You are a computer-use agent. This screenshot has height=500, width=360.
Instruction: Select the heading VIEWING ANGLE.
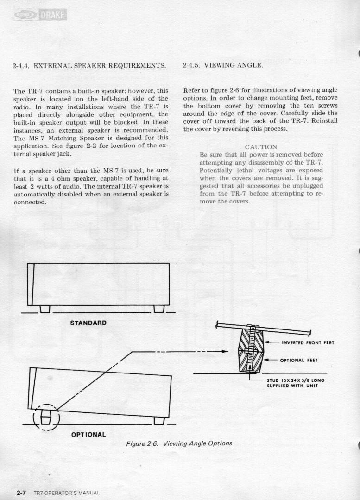tap(236, 65)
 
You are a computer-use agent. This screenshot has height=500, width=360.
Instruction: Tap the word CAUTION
tap(261, 147)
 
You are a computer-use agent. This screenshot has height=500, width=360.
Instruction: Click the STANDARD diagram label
tap(88, 323)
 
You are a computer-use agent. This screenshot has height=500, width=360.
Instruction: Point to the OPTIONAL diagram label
tap(88, 435)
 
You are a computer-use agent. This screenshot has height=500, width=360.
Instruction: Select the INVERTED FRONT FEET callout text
tap(308, 343)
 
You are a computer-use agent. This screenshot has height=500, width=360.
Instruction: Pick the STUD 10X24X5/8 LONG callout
tap(295, 380)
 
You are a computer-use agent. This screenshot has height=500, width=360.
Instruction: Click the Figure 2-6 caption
tap(179, 443)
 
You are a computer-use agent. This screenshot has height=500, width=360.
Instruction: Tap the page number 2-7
tap(21, 493)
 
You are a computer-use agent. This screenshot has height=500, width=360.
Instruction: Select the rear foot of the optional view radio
tap(159, 420)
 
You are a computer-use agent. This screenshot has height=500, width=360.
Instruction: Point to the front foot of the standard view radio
tap(45, 309)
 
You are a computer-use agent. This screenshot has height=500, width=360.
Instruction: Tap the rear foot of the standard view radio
tap(159, 309)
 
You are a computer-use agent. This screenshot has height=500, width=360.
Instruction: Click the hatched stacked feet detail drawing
tap(251, 350)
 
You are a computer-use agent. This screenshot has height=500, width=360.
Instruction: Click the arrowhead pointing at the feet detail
tap(225, 351)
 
